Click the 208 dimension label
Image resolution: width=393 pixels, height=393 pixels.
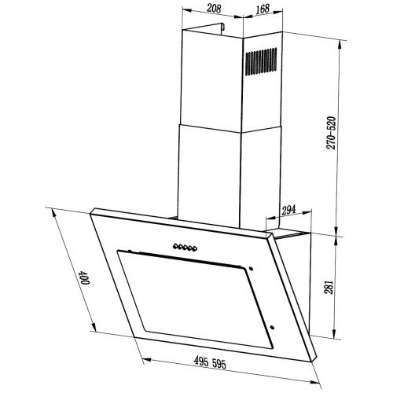point(214,9)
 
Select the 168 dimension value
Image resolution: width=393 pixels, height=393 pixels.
point(263,9)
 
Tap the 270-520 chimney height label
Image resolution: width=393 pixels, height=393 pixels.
point(331,133)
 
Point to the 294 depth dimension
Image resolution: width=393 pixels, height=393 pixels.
point(288,210)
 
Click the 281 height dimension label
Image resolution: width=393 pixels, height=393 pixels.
point(329,287)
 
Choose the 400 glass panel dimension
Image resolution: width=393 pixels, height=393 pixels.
point(84,277)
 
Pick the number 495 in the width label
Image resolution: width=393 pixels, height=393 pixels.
point(201,362)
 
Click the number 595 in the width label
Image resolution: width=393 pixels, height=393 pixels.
point(219,364)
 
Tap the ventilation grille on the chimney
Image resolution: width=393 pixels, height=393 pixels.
point(261,61)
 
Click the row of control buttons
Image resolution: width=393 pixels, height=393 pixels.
point(185,248)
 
